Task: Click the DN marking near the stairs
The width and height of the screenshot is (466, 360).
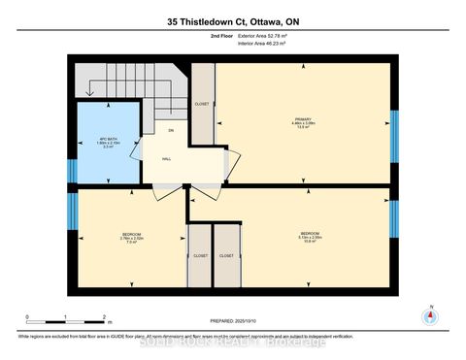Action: coord(170,130)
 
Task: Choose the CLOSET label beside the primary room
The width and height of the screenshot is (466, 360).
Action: coord(202,102)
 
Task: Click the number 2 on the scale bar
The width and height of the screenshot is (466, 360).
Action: coord(104,317)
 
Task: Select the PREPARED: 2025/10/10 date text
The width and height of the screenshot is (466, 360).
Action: coord(233,321)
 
